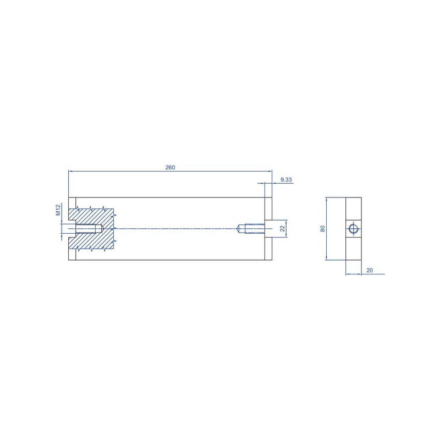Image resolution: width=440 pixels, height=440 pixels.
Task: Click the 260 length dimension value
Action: coord(170,167)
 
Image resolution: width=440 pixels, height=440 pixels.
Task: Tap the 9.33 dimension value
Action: coord(286,180)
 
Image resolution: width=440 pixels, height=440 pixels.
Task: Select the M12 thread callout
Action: coord(58,210)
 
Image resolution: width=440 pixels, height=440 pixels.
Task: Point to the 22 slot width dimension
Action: coord(283,229)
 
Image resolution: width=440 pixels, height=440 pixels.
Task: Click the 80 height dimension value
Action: coord(323,229)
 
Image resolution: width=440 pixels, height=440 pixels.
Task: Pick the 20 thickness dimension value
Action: coord(370,270)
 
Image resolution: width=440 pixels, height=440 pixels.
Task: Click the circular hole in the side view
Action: coord(353,229)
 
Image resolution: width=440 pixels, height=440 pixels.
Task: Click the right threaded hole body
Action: coord(255,229)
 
